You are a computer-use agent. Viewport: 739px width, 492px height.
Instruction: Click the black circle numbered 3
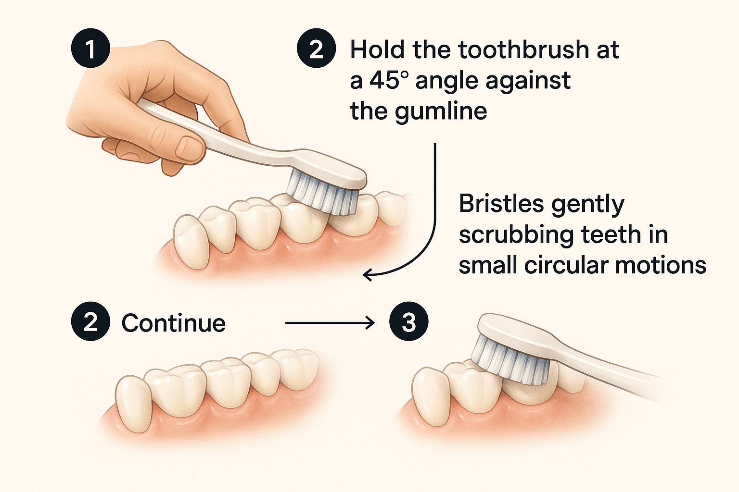pyautogui.click(x=409, y=321)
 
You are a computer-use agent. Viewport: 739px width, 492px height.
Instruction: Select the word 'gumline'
pyautogui.click(x=441, y=112)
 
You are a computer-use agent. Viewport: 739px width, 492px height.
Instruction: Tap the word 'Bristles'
pyautogui.click(x=501, y=204)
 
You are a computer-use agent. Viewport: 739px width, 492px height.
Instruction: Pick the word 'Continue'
pyautogui.click(x=174, y=323)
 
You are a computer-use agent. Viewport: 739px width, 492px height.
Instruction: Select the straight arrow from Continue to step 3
pyautogui.click(x=330, y=322)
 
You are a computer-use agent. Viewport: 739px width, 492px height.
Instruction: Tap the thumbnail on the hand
pyautogui.click(x=189, y=147)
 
